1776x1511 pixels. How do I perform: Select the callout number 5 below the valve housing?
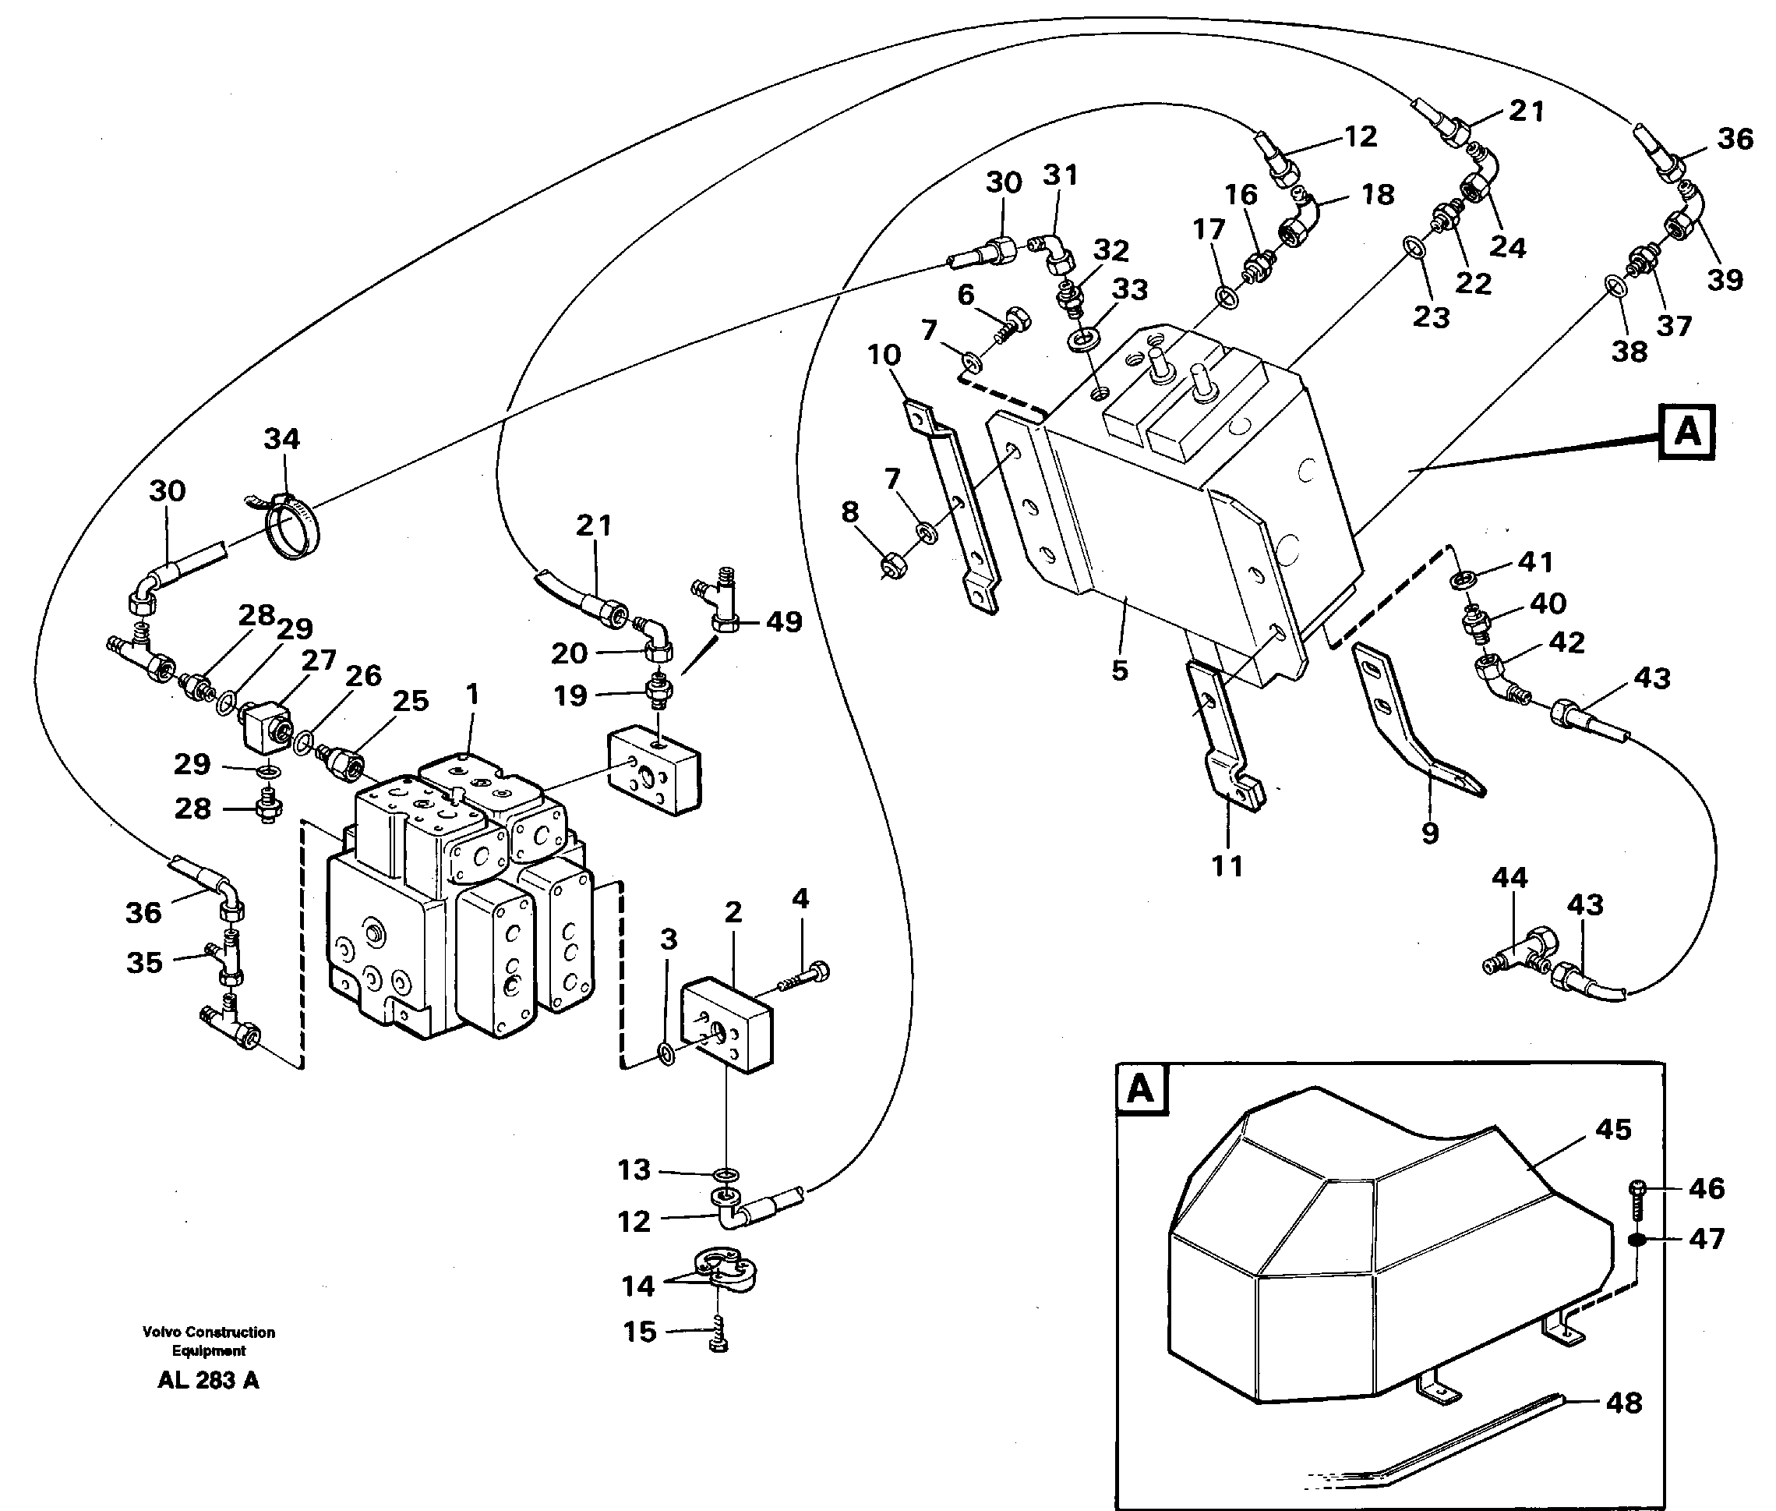tap(1119, 671)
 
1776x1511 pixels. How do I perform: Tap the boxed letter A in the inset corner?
tap(1141, 1089)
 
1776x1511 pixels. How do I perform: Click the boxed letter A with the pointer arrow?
tap(1686, 433)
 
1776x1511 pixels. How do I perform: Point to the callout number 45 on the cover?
tap(1613, 1129)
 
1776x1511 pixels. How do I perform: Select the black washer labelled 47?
tap(1636, 1240)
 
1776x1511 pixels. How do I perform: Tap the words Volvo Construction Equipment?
tap(208, 1341)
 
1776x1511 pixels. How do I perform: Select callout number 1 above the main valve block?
tap(471, 695)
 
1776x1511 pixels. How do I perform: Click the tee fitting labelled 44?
tap(1516, 954)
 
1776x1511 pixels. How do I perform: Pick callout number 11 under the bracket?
tap(1227, 865)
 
